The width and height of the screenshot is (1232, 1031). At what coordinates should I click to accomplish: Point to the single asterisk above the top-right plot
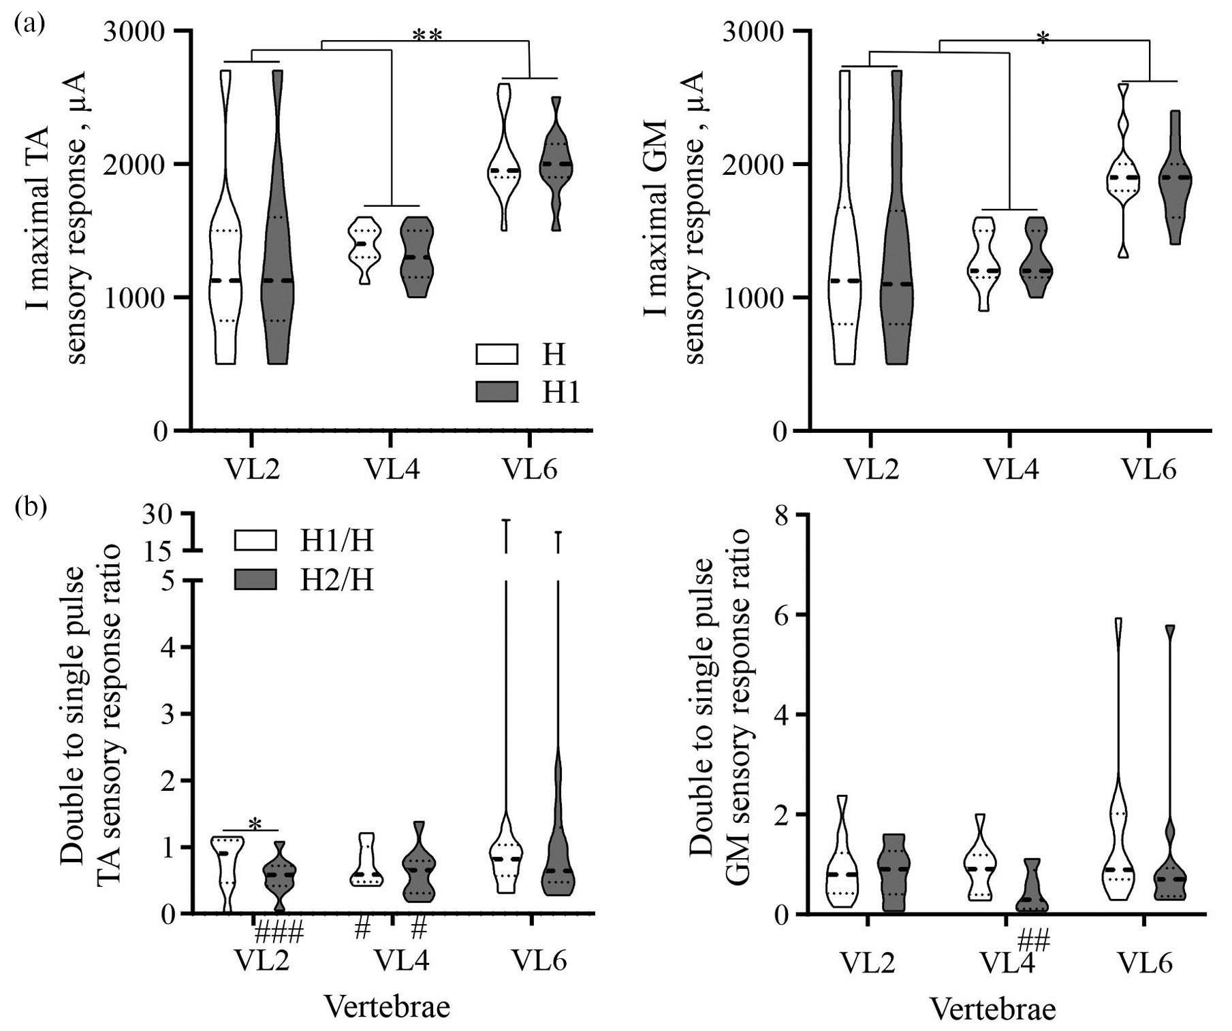[x=1042, y=39]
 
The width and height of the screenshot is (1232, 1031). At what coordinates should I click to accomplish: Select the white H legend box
[x=497, y=354]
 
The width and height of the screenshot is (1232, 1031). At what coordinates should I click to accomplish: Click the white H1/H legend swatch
[x=255, y=540]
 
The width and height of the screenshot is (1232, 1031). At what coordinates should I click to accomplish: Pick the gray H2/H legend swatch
[x=255, y=580]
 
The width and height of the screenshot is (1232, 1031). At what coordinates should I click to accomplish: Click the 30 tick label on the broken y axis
[x=158, y=517]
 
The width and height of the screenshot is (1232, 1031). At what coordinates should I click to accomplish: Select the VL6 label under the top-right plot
[x=1150, y=470]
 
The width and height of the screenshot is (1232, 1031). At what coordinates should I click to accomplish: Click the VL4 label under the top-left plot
[x=392, y=470]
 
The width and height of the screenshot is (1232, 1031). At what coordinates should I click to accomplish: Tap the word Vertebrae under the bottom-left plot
[x=387, y=1007]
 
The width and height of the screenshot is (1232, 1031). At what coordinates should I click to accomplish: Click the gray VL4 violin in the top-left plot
[x=416, y=257]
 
